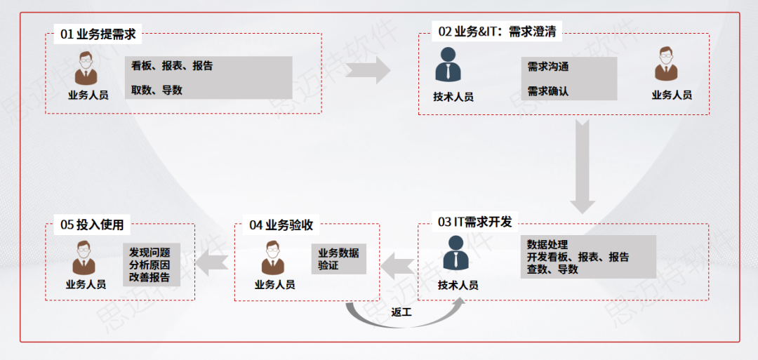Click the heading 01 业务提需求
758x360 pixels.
(x=98, y=32)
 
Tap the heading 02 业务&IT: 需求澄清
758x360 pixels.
(x=499, y=32)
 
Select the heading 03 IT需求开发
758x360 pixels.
(x=475, y=222)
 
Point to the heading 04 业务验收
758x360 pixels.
(x=281, y=225)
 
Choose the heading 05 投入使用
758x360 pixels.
(x=92, y=225)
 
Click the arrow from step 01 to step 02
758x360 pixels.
(x=368, y=69)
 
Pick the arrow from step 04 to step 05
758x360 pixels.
(x=211, y=262)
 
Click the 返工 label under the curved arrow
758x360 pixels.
(x=402, y=312)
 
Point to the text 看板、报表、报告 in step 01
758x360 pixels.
(x=172, y=66)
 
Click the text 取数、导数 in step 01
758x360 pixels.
(x=157, y=90)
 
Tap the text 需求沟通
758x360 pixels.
(x=548, y=67)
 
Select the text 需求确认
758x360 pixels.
(x=548, y=91)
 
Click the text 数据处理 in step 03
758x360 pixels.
(x=547, y=245)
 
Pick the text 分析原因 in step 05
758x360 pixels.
(x=149, y=265)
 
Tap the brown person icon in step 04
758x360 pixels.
(x=273, y=257)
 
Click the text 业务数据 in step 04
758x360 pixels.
(x=338, y=253)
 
